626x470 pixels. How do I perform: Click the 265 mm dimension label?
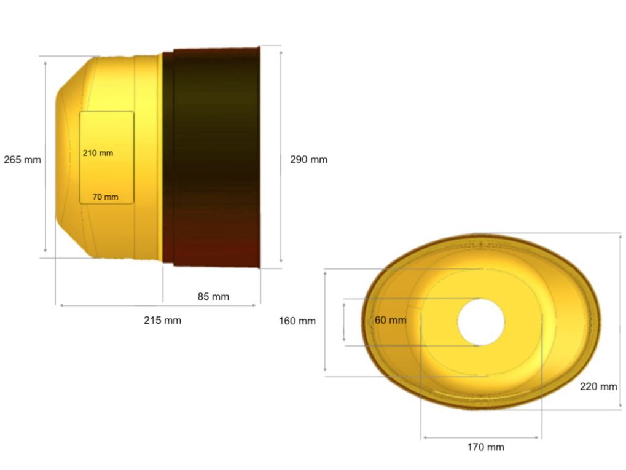22,160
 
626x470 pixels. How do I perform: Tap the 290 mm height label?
308,160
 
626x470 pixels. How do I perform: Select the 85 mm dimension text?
213,297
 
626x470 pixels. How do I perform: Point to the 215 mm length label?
162,320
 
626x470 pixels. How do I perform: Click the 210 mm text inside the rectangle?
98,153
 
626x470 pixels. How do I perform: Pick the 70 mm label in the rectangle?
106,197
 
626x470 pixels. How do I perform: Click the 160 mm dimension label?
297,321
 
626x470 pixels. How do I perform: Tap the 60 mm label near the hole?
390,320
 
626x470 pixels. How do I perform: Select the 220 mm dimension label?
598,386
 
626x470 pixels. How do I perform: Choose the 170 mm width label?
485,447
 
